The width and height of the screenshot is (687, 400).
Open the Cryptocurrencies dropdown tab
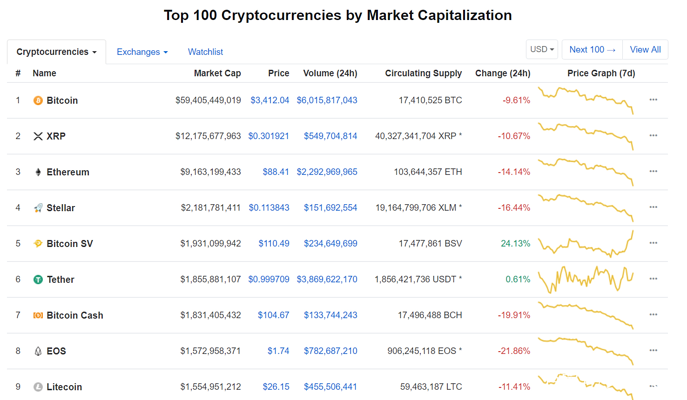[x=56, y=52]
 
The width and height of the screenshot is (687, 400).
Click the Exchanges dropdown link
[x=142, y=52]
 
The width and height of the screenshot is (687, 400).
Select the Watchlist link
[x=205, y=52]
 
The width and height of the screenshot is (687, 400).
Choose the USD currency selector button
[x=542, y=49]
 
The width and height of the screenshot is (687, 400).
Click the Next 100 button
[x=592, y=49]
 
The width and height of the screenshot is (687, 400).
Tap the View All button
[x=645, y=49]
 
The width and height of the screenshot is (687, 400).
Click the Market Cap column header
[x=217, y=73]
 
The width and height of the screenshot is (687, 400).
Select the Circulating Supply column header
[x=423, y=73]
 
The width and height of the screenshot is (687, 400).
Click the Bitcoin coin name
[x=62, y=100]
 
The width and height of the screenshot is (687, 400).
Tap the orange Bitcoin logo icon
[x=38, y=100]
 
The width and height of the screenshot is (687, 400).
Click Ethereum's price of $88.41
[x=276, y=172]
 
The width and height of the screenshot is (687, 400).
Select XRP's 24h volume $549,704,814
[x=330, y=136]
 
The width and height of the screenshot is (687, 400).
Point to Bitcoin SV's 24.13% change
[x=515, y=244]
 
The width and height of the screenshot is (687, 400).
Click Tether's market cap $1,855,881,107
[x=210, y=280]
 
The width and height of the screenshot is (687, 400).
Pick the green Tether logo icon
[x=38, y=280]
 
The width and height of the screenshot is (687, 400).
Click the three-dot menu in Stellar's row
[x=653, y=207]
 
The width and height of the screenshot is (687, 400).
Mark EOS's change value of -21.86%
[x=514, y=351]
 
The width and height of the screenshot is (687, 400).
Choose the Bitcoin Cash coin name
[x=75, y=315]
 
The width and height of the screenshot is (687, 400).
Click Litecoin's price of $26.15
[x=276, y=387]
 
